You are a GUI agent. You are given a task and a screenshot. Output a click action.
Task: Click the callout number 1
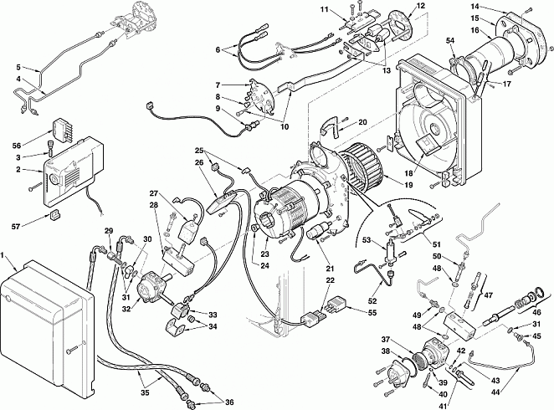tap(3, 255)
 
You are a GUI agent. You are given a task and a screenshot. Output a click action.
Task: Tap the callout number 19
tap(408, 185)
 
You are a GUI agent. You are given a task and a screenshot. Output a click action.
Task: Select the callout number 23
tap(264, 254)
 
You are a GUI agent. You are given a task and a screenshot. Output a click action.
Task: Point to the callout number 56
tap(17, 145)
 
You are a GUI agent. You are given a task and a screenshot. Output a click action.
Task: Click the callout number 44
tap(495, 392)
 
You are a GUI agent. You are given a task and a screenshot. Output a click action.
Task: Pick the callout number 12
tap(420, 6)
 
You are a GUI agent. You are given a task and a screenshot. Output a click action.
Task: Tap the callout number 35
tap(146, 392)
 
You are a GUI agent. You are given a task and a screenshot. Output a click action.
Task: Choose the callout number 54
tap(449, 41)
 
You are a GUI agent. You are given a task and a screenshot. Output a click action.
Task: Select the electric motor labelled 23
tap(286, 211)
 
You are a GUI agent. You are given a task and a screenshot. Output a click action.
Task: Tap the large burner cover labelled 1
tap(46, 326)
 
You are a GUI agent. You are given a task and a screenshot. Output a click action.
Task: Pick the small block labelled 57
tap(54, 214)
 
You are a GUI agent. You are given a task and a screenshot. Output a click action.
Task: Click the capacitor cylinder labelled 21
tap(316, 231)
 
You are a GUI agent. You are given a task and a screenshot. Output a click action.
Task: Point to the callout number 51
tap(437, 244)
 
